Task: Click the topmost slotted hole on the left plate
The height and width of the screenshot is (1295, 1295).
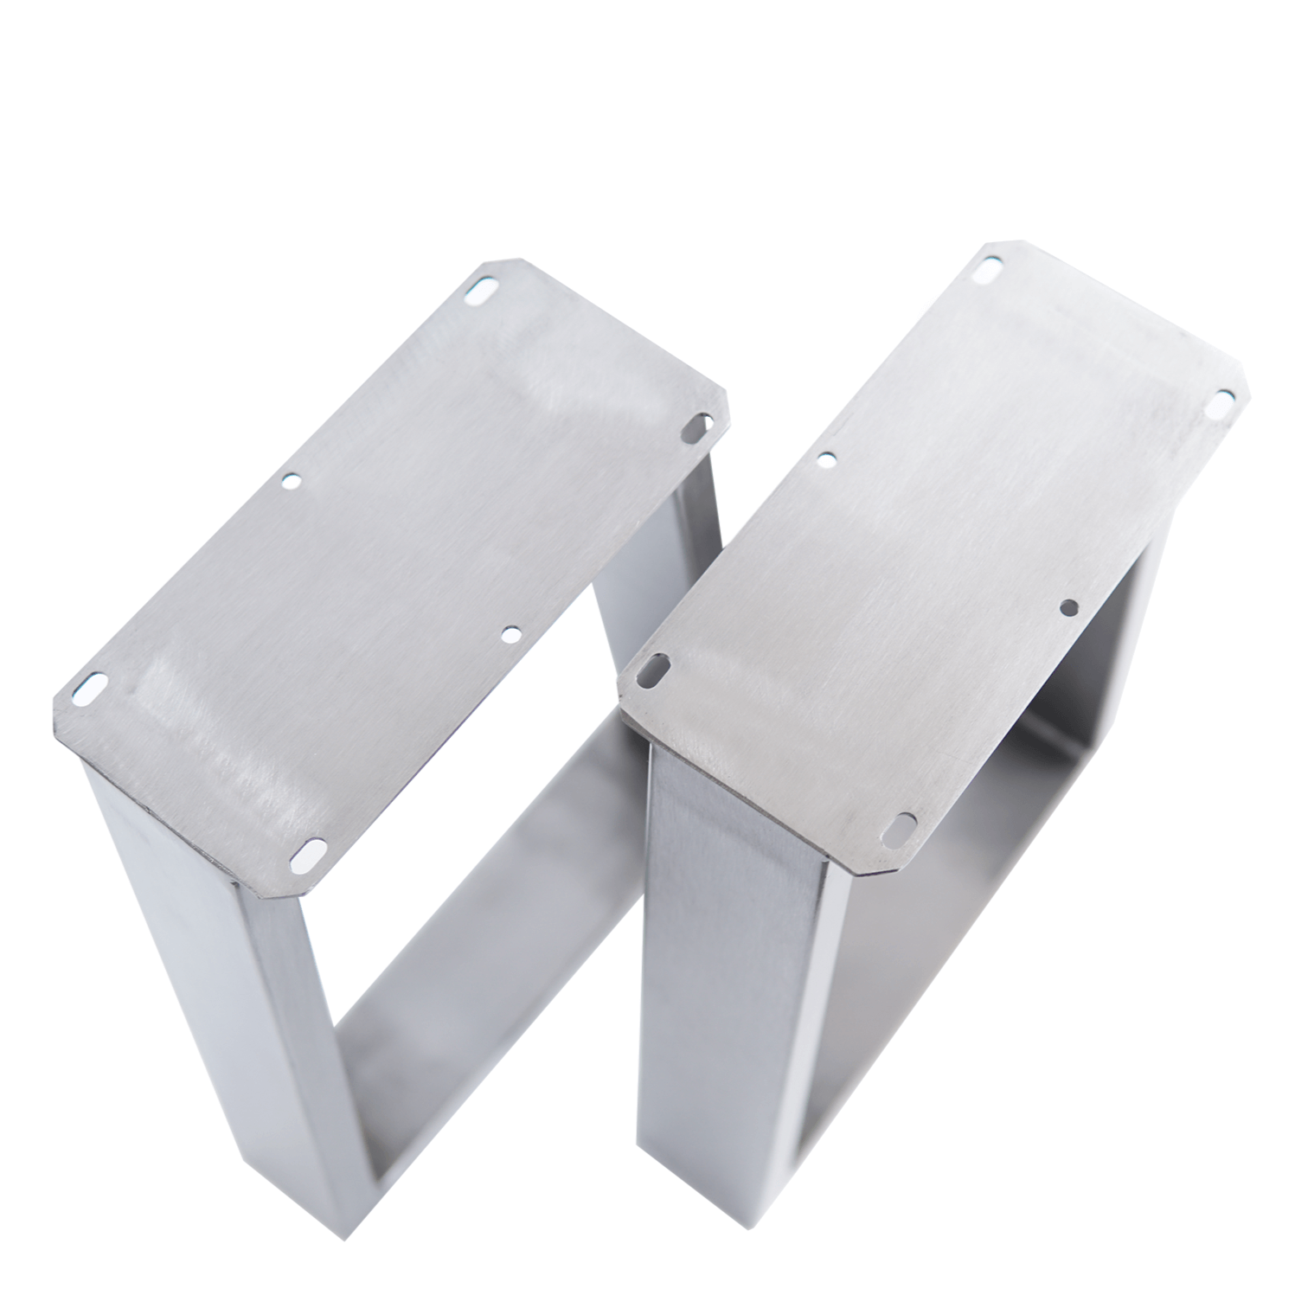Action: coord(481,292)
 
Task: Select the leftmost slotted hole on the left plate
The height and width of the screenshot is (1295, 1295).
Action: coord(87,689)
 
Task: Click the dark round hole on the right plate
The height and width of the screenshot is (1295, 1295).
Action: coord(1069,606)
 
